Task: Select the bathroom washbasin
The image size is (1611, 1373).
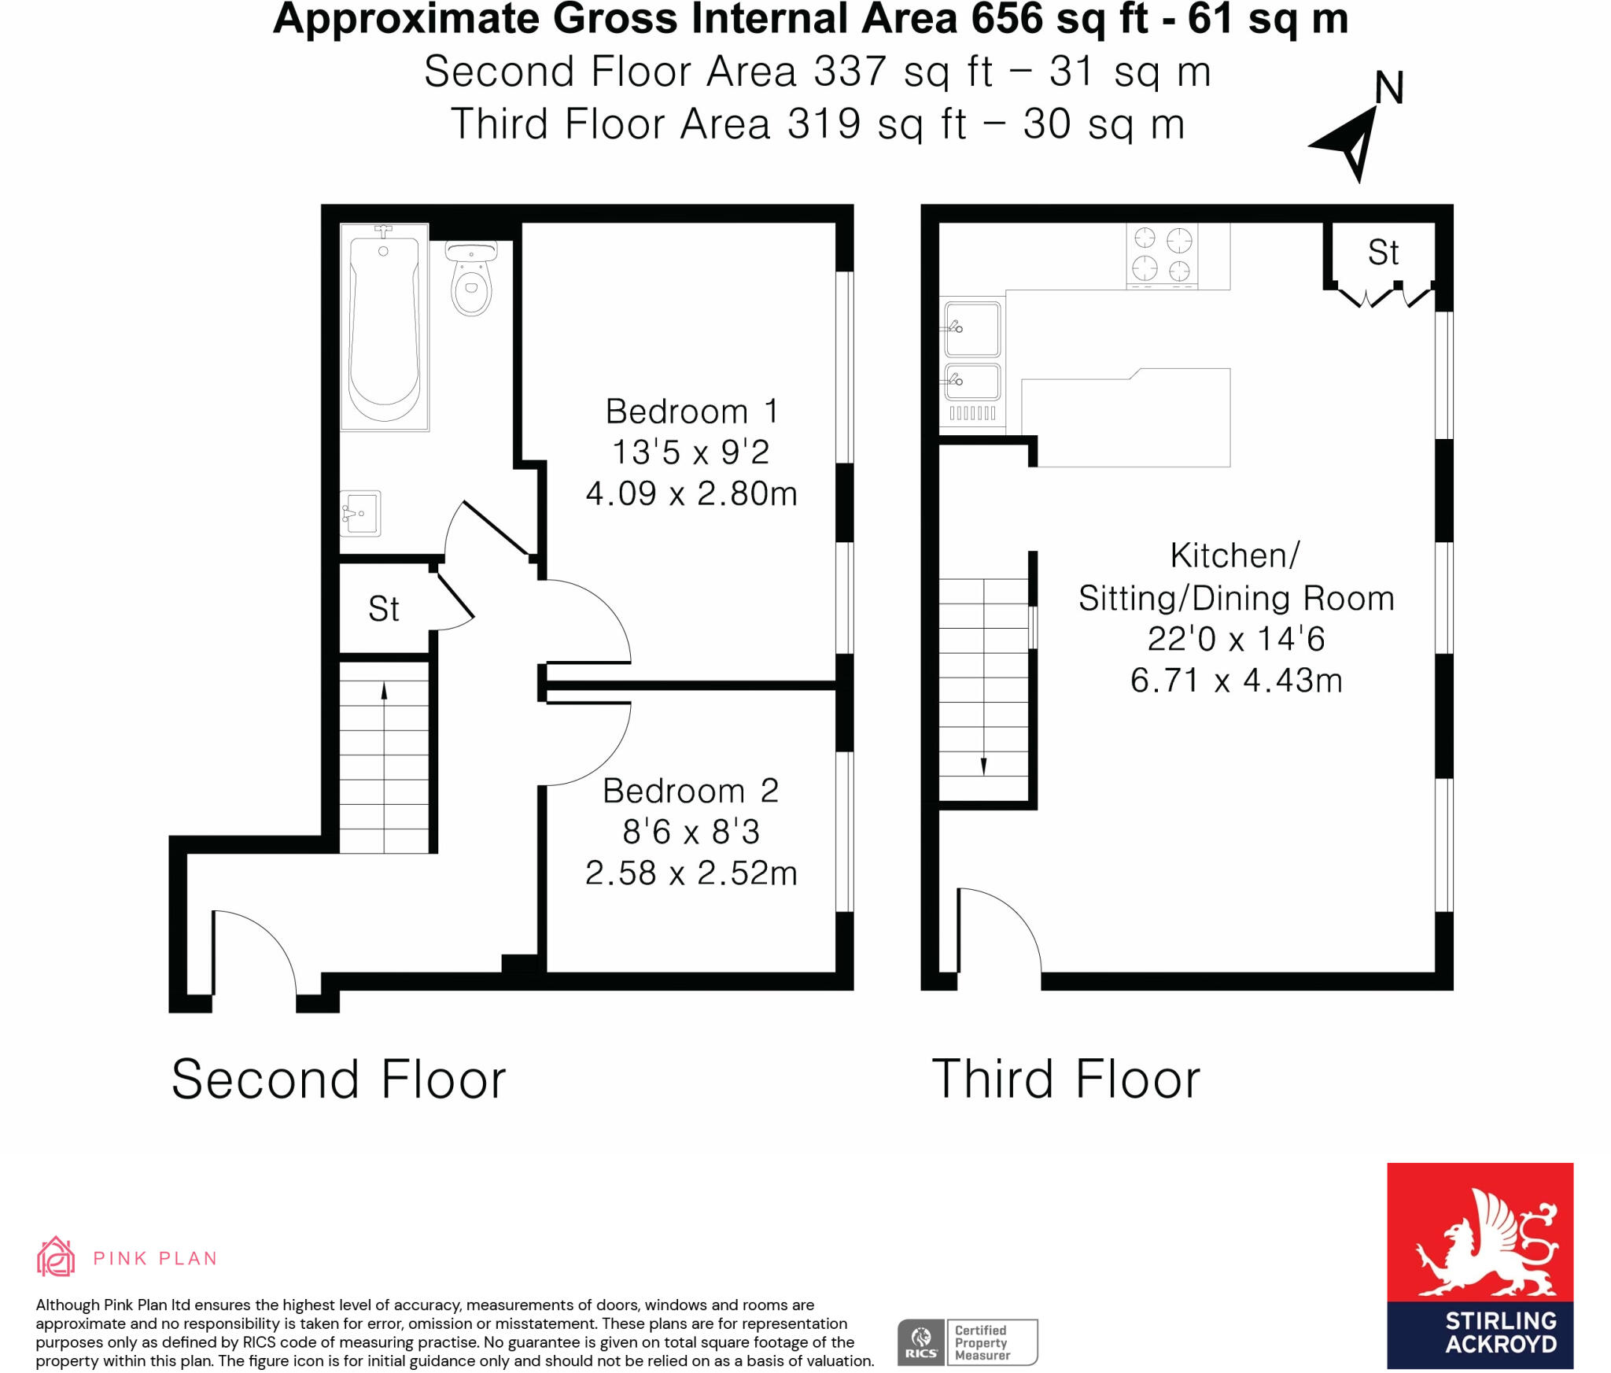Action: click(360, 513)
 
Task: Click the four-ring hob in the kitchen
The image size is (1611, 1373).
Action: click(1162, 254)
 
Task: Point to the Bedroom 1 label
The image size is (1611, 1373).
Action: click(691, 411)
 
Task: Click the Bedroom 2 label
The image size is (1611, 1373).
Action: click(691, 791)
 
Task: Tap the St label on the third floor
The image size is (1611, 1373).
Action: click(1383, 253)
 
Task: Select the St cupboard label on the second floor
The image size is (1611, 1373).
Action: click(384, 608)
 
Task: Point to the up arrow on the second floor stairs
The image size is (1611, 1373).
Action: click(384, 691)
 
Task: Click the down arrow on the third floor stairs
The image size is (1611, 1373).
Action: click(983, 766)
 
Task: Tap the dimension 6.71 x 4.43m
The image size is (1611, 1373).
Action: click(1236, 680)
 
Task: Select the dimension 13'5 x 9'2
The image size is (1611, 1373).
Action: click(691, 452)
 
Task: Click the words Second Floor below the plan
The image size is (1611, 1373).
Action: click(338, 1079)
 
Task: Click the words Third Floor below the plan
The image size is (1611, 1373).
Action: click(1066, 1079)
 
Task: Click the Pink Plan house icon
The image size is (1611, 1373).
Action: click(56, 1257)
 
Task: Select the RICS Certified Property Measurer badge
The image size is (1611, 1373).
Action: click(968, 1342)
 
